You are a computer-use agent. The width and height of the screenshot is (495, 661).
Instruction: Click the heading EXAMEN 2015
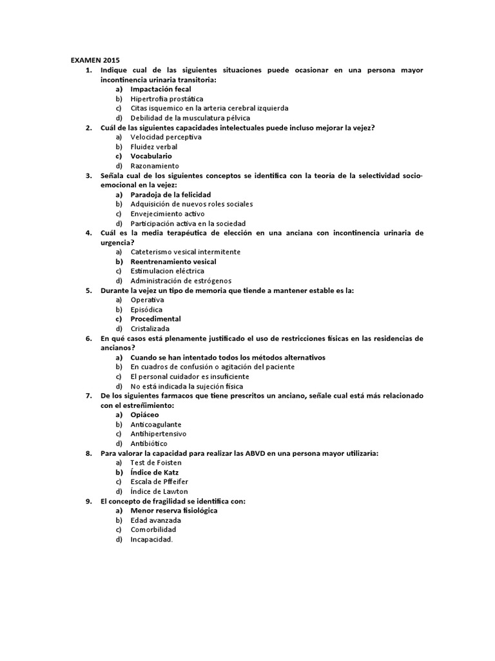[95, 60]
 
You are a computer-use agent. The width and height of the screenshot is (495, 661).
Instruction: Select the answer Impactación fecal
[160, 89]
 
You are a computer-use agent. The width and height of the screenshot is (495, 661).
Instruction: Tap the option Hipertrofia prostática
[166, 99]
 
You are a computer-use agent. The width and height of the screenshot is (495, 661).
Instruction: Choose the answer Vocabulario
[151, 156]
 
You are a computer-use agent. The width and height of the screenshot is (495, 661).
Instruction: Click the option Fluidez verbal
[153, 147]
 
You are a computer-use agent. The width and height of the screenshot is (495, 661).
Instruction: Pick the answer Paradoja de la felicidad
[170, 194]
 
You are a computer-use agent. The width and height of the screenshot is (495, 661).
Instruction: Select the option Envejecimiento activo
[168, 213]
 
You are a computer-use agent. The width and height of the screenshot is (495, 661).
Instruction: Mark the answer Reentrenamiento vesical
[173, 261]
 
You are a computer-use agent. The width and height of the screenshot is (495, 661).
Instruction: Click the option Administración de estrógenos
[180, 281]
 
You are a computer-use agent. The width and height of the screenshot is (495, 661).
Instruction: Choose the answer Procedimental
[155, 319]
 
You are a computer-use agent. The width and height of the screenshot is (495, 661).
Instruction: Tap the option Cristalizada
[150, 329]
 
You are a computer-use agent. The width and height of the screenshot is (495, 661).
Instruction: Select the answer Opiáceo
[144, 414]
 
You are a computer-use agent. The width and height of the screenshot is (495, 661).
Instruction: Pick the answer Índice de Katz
[154, 473]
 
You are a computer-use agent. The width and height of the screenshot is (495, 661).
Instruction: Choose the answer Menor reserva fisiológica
[173, 511]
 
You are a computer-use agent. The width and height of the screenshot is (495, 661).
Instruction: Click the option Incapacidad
[151, 539]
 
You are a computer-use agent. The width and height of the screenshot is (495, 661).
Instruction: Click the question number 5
[88, 290]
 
